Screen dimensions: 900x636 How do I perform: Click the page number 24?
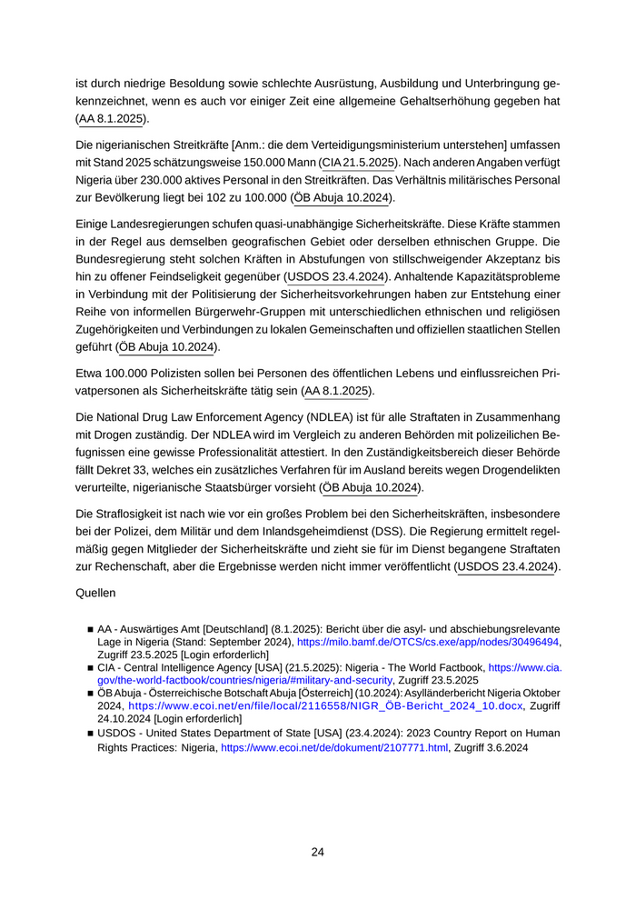pos(317,852)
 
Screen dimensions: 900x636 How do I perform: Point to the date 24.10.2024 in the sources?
pos(126,718)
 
